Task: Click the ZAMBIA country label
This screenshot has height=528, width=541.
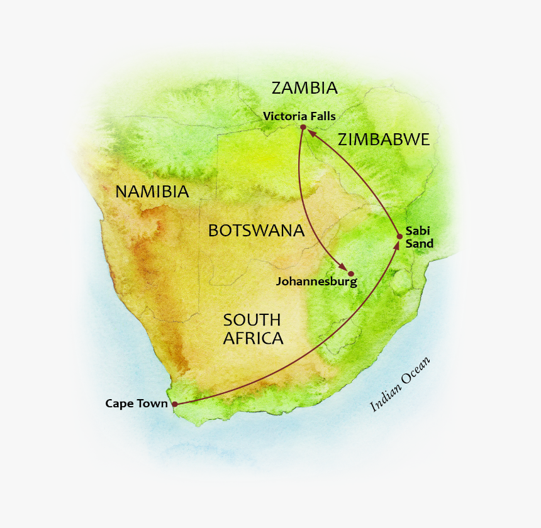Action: point(304,88)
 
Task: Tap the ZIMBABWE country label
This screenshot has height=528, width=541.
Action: point(383,140)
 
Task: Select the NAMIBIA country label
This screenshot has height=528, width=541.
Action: point(152,192)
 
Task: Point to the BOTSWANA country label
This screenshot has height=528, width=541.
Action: point(256,231)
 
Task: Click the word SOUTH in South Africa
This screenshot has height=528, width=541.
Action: point(251,320)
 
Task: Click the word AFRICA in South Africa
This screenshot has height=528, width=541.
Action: point(253,338)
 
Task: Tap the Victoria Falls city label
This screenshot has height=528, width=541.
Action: point(299,116)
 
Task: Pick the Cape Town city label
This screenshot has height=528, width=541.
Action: point(137,404)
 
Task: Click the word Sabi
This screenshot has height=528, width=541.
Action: point(417,231)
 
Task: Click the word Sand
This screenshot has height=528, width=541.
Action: point(420,244)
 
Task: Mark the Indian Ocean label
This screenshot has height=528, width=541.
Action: point(400,384)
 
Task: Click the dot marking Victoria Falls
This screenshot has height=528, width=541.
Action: point(303,128)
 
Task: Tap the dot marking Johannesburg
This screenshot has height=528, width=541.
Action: point(351,273)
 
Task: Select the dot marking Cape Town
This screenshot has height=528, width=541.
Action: point(175,404)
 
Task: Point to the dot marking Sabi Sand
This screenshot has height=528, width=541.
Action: point(399,236)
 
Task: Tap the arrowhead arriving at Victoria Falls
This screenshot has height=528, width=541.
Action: point(311,133)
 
